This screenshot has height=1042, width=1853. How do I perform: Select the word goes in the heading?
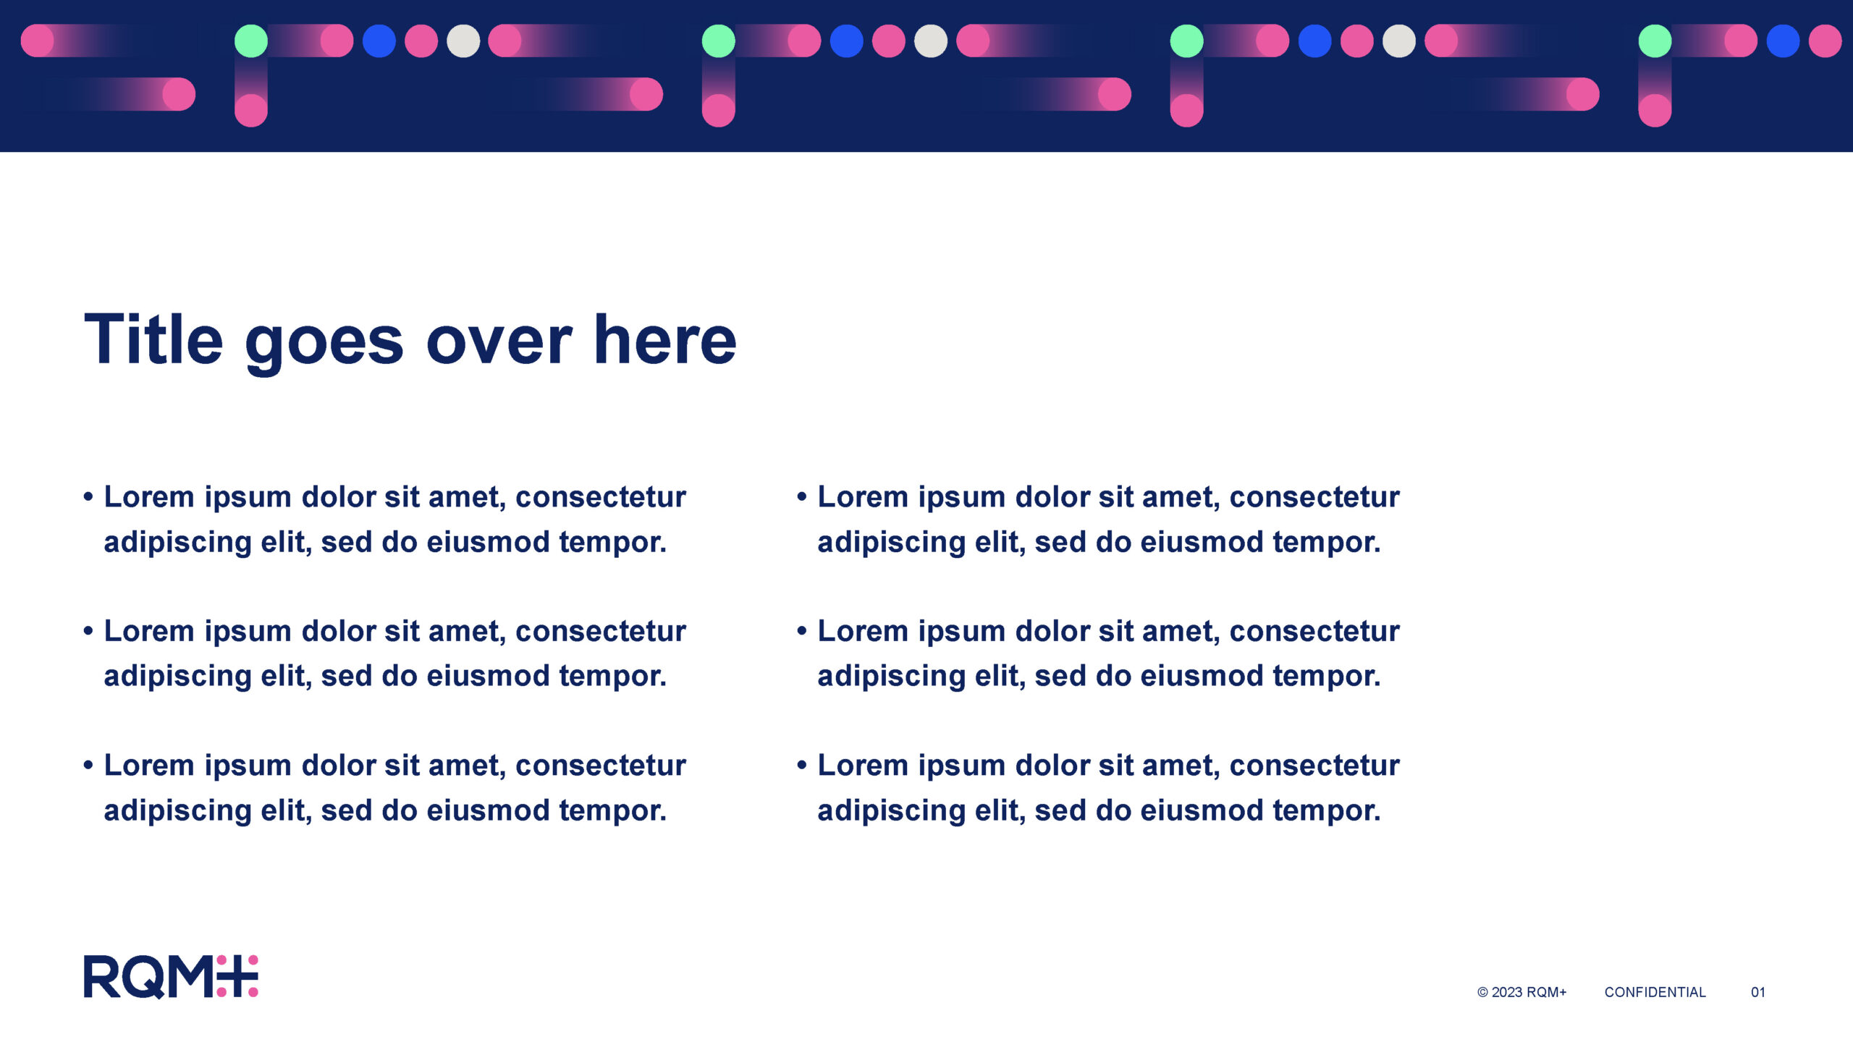coord(324,345)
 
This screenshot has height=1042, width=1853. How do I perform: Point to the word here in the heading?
coord(664,338)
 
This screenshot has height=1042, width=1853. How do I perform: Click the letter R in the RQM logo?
coord(102,977)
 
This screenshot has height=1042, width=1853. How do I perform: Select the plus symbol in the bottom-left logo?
coord(237,976)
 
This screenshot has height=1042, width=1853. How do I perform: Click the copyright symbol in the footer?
coord(1482,993)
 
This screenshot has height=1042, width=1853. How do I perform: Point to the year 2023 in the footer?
coord(1507,993)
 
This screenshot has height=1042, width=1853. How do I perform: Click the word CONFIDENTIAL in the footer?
coord(1655,993)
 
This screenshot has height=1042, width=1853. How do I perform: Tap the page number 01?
coord(1758,993)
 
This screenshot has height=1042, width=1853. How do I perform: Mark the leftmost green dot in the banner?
coord(251,41)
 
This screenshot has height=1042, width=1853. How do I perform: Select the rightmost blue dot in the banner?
coord(1783,41)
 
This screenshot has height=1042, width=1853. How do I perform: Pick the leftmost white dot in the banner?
coord(463,41)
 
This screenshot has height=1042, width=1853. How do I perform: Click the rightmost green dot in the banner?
coord(1655,41)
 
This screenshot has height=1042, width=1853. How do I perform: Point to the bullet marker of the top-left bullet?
coord(88,497)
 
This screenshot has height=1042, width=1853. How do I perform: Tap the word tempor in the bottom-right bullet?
coord(1322,810)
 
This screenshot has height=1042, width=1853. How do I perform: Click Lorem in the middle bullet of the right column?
coord(863,631)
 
